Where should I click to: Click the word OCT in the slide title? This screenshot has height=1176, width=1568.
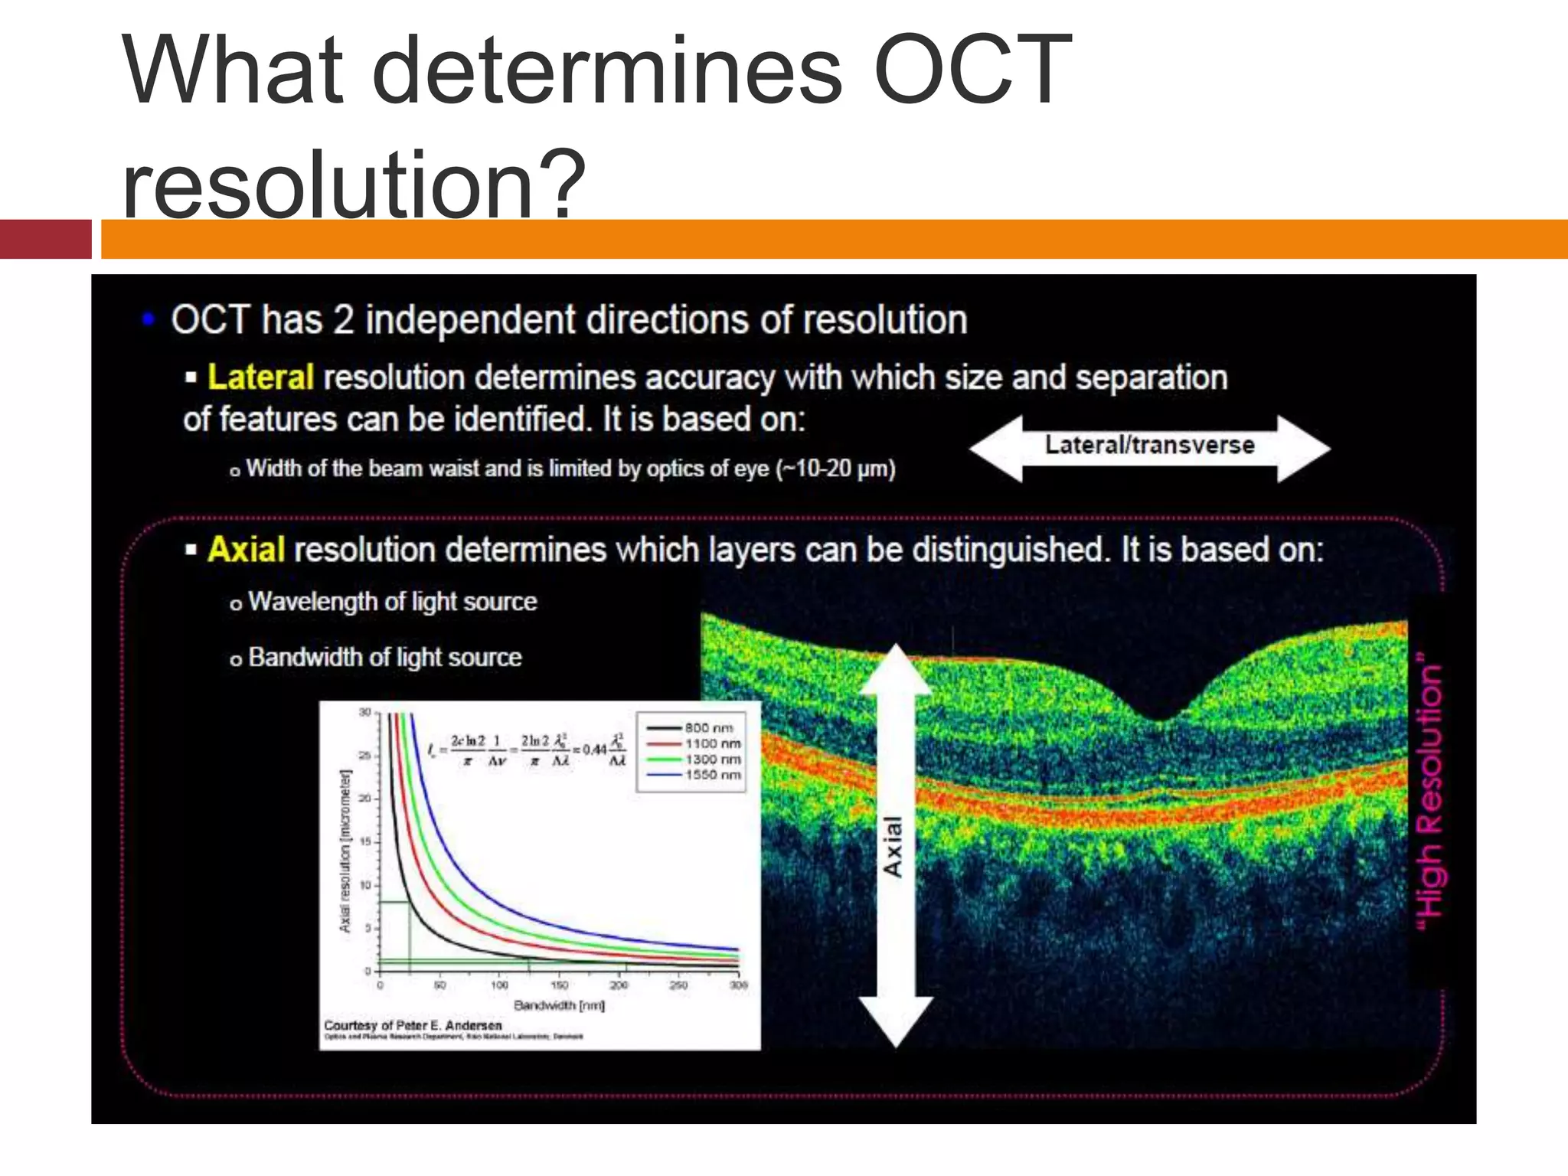tap(972, 70)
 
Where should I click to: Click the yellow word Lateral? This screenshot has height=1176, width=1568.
tap(260, 377)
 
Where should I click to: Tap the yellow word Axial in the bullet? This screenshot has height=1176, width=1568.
tap(246, 550)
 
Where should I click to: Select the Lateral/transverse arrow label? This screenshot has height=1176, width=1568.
tap(1149, 446)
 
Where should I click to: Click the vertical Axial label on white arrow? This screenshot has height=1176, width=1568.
tap(893, 846)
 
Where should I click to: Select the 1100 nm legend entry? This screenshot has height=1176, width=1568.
tap(712, 743)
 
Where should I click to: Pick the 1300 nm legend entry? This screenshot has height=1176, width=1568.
tap(712, 759)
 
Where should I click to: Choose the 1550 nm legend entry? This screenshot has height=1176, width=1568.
tap(712, 775)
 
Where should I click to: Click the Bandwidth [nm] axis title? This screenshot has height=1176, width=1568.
tap(560, 1005)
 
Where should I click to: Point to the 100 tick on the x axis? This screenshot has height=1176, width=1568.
tap(499, 985)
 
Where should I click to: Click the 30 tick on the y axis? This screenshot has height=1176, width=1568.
tap(365, 713)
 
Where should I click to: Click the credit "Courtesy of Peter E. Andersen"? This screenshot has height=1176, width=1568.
tap(413, 1025)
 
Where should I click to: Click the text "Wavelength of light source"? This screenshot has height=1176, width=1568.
tap(392, 602)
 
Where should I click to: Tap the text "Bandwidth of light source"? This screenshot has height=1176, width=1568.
tap(384, 658)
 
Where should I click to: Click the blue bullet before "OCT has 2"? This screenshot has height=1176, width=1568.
tap(149, 319)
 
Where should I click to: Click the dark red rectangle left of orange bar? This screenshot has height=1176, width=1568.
tap(45, 239)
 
